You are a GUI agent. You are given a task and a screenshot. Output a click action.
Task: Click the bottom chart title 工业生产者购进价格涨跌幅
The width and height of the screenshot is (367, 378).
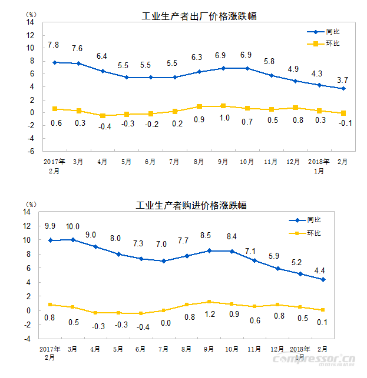191,205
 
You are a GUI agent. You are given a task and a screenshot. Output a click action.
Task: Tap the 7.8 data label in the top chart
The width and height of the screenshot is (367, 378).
53,45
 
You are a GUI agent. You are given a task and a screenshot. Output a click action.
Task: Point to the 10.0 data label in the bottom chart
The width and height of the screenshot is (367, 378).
72,226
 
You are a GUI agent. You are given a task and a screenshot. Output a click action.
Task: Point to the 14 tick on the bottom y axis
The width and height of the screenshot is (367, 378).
27,212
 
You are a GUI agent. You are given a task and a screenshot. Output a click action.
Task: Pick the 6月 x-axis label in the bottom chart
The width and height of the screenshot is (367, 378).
140,349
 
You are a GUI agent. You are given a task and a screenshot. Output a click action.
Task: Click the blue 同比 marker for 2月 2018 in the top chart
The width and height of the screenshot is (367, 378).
343,89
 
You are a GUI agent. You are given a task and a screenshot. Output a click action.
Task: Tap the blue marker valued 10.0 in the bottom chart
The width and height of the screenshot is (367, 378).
72,239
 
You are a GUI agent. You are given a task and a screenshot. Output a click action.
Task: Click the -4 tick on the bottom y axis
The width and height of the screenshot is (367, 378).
27,339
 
